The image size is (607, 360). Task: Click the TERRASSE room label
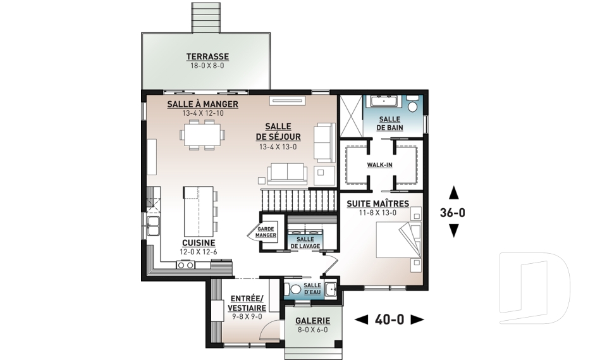[x=207, y=56]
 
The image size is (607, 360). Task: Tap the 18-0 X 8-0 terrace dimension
[x=207, y=66]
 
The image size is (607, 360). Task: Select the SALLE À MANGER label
[x=202, y=104]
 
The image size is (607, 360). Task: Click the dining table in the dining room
[x=202, y=135]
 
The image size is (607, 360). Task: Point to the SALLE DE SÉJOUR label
[x=278, y=132]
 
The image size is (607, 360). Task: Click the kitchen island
[x=199, y=211]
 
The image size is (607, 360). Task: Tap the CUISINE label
[x=199, y=243]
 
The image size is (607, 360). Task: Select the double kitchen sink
[x=153, y=226]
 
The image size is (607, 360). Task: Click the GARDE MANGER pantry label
[x=266, y=232]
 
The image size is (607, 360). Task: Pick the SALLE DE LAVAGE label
[x=305, y=242]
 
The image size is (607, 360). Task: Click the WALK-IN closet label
[x=380, y=165]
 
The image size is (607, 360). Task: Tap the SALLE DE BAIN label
[x=390, y=123]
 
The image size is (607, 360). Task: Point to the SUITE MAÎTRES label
[x=378, y=204]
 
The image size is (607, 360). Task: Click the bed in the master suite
[x=398, y=240]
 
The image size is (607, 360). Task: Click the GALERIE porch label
[x=313, y=321]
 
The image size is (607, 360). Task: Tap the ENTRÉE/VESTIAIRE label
[x=247, y=303]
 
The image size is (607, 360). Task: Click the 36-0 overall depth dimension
[x=453, y=213]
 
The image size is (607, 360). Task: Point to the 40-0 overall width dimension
[x=389, y=320]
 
